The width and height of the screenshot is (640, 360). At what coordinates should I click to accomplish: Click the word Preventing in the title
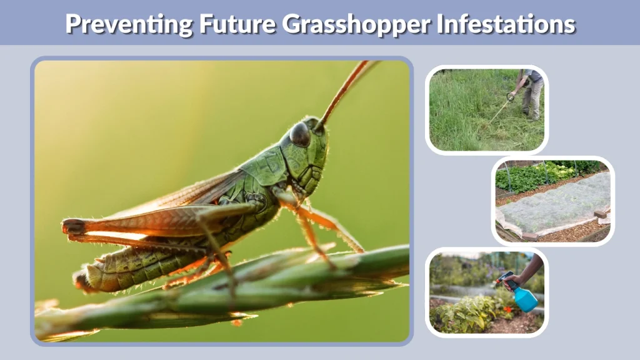(x=128, y=23)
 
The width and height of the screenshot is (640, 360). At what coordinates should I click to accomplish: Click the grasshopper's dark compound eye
(x=300, y=134)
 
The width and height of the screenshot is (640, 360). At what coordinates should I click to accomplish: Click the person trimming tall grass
(x=530, y=94)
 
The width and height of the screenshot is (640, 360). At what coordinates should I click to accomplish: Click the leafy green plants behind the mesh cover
(x=531, y=175)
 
